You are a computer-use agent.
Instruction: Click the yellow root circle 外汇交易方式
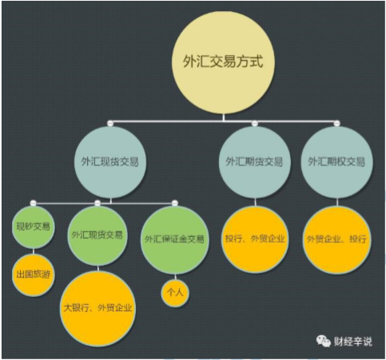click(x=223, y=62)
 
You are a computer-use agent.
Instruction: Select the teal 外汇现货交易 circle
click(x=110, y=162)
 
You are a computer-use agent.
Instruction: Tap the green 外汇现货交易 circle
click(x=97, y=236)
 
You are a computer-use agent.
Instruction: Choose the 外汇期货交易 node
click(x=255, y=162)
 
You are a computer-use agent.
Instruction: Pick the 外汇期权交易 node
click(x=337, y=162)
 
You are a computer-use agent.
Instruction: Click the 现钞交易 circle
click(x=34, y=227)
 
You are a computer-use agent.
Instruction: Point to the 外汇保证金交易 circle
click(x=175, y=240)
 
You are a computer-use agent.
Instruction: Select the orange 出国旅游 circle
click(x=34, y=275)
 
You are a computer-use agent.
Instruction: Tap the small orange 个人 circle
click(x=175, y=293)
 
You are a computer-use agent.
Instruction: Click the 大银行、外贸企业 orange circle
click(x=97, y=309)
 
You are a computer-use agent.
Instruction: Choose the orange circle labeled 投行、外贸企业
click(x=255, y=239)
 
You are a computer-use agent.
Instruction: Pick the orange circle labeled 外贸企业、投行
click(x=337, y=239)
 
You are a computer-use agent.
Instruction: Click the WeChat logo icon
click(x=323, y=341)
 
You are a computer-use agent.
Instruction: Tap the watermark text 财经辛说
click(x=352, y=342)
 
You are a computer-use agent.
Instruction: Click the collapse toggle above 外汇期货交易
click(x=255, y=123)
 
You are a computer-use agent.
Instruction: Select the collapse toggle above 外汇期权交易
click(x=337, y=123)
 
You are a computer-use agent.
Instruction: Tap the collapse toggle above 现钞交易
click(x=34, y=204)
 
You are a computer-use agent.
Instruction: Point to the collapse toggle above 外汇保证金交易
click(x=175, y=204)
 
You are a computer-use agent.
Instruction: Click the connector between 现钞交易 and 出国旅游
click(x=34, y=251)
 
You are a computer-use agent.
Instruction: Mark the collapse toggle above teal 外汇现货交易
click(x=110, y=123)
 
